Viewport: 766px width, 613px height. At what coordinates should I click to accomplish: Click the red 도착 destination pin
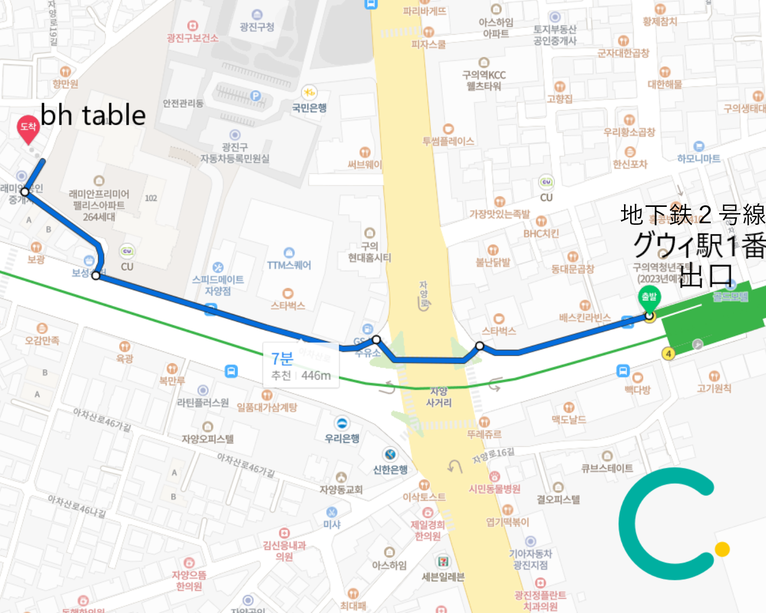pos(28,128)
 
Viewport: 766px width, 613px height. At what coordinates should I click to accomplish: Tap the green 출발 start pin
pos(649,298)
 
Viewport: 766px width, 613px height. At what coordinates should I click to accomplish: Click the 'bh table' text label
pos(93,115)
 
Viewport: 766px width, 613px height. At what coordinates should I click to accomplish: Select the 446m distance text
pos(316,376)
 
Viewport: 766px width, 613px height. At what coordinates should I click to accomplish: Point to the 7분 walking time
pos(282,359)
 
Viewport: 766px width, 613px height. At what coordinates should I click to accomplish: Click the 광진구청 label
pos(257,27)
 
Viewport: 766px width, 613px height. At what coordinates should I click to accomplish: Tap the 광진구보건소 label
pos(193,38)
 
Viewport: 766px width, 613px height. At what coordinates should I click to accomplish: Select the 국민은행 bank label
pos(309,108)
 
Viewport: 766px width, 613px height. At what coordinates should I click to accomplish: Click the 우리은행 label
pos(342,438)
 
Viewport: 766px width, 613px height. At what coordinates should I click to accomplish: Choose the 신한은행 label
pos(390,469)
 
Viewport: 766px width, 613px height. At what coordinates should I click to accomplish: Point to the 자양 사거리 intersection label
pos(439,397)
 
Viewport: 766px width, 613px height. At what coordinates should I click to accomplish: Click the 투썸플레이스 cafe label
pos(448,141)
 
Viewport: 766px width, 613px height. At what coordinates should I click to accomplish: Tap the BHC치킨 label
pos(541,233)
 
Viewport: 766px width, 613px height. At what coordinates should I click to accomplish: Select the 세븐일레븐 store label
pos(443,577)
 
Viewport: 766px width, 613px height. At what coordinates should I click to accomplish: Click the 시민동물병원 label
pos(494,489)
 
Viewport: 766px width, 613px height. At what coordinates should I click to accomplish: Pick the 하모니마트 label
pos(699,158)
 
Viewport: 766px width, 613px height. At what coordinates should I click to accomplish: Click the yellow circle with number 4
pos(668,353)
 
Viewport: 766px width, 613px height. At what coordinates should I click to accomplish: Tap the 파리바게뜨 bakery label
pos(424,11)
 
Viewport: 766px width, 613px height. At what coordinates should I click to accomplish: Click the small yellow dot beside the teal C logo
pos(722,549)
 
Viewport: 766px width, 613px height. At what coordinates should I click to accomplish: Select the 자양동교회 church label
pos(341,489)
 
